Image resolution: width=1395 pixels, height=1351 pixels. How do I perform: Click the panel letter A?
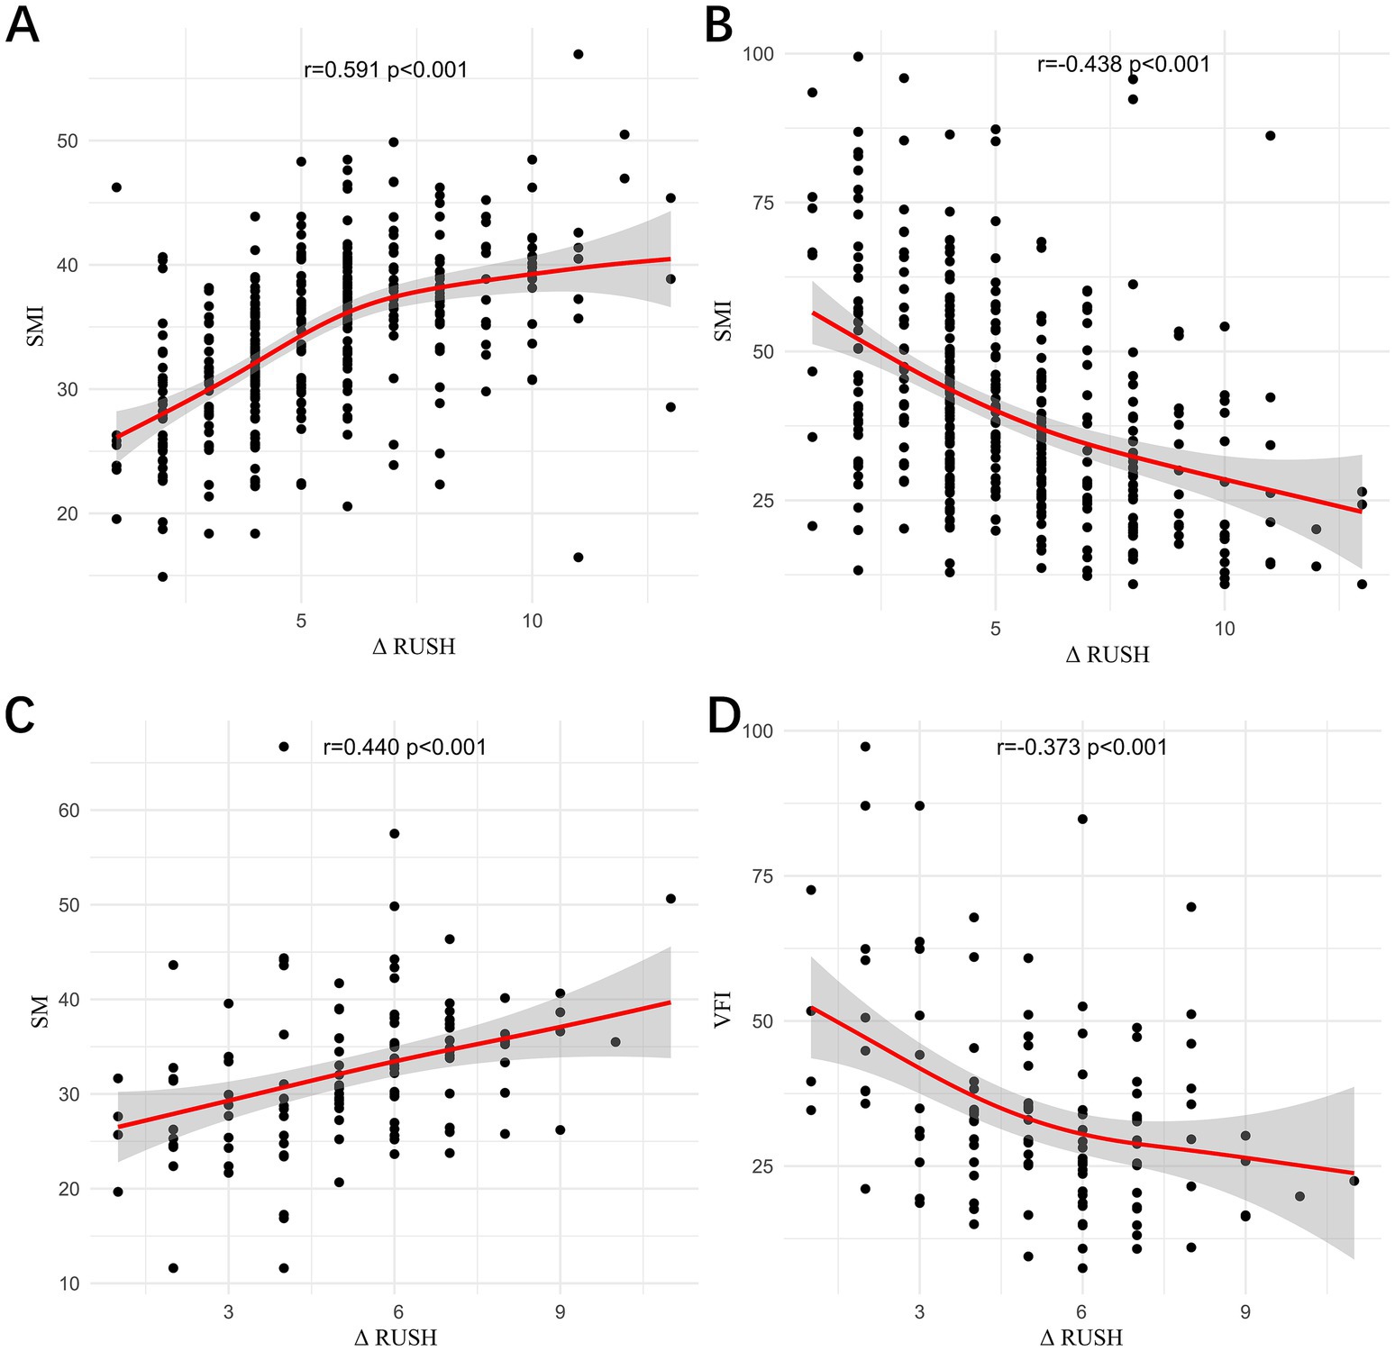(x=22, y=24)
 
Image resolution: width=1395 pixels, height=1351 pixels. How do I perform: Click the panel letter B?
(x=718, y=24)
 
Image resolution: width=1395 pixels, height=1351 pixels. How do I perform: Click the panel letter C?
(x=20, y=716)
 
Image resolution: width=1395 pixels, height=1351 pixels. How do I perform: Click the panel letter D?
(x=724, y=716)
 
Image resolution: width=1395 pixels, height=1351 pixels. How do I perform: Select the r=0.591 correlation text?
(x=386, y=70)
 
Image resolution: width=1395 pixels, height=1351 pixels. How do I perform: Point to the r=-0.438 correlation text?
(x=1124, y=64)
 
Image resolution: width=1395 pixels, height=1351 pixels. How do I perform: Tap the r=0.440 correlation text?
(x=405, y=748)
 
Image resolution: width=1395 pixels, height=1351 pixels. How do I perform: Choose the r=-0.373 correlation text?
(x=1081, y=748)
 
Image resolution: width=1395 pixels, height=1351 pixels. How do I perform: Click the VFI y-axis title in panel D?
(x=722, y=1009)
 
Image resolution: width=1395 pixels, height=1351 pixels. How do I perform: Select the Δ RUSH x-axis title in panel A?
(x=414, y=647)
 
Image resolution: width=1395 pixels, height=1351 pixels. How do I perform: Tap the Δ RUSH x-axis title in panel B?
(x=1108, y=655)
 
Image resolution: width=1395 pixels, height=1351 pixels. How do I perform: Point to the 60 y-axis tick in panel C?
(x=69, y=811)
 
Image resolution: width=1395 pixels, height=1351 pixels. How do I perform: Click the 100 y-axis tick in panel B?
(x=758, y=54)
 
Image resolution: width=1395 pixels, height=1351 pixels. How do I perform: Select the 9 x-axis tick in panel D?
(x=1245, y=1312)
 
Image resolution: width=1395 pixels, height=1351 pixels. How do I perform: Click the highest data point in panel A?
(x=579, y=54)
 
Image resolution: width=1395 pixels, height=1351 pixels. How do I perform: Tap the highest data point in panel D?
(x=865, y=747)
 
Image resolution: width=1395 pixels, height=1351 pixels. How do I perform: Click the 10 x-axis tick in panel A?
(x=532, y=621)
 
